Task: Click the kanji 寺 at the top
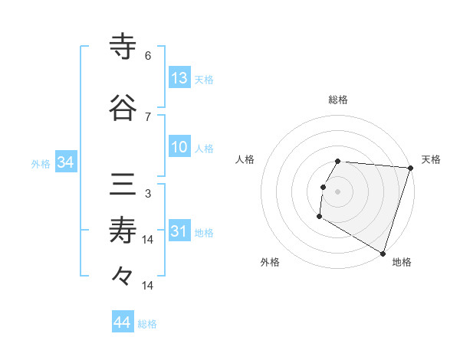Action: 123,47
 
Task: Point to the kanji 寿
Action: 123,231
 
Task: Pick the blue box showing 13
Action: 179,78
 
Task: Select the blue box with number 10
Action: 179,147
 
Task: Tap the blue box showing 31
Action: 179,231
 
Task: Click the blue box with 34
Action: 65,162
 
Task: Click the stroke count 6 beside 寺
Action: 148,56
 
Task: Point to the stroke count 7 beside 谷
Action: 148,116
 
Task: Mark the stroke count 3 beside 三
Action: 148,193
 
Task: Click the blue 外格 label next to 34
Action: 41,163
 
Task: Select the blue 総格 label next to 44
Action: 147,324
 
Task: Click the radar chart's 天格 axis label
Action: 431,159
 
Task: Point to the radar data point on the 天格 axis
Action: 410,168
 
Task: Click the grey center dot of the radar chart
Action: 337,191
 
